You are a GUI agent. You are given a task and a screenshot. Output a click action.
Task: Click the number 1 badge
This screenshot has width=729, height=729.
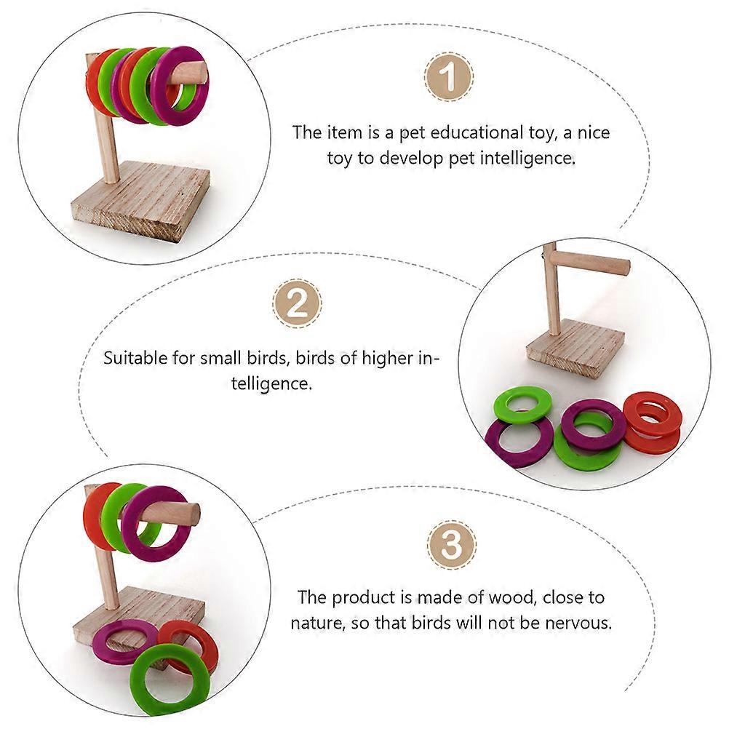tap(449, 76)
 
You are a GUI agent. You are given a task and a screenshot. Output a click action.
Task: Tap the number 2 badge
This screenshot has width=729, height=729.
tap(297, 303)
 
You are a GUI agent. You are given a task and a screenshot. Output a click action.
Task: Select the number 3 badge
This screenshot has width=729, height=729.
tap(451, 544)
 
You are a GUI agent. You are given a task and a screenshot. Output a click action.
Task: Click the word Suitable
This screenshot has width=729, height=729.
tap(135, 359)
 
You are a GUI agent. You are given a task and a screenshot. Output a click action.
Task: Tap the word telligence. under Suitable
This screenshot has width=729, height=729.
tap(271, 383)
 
